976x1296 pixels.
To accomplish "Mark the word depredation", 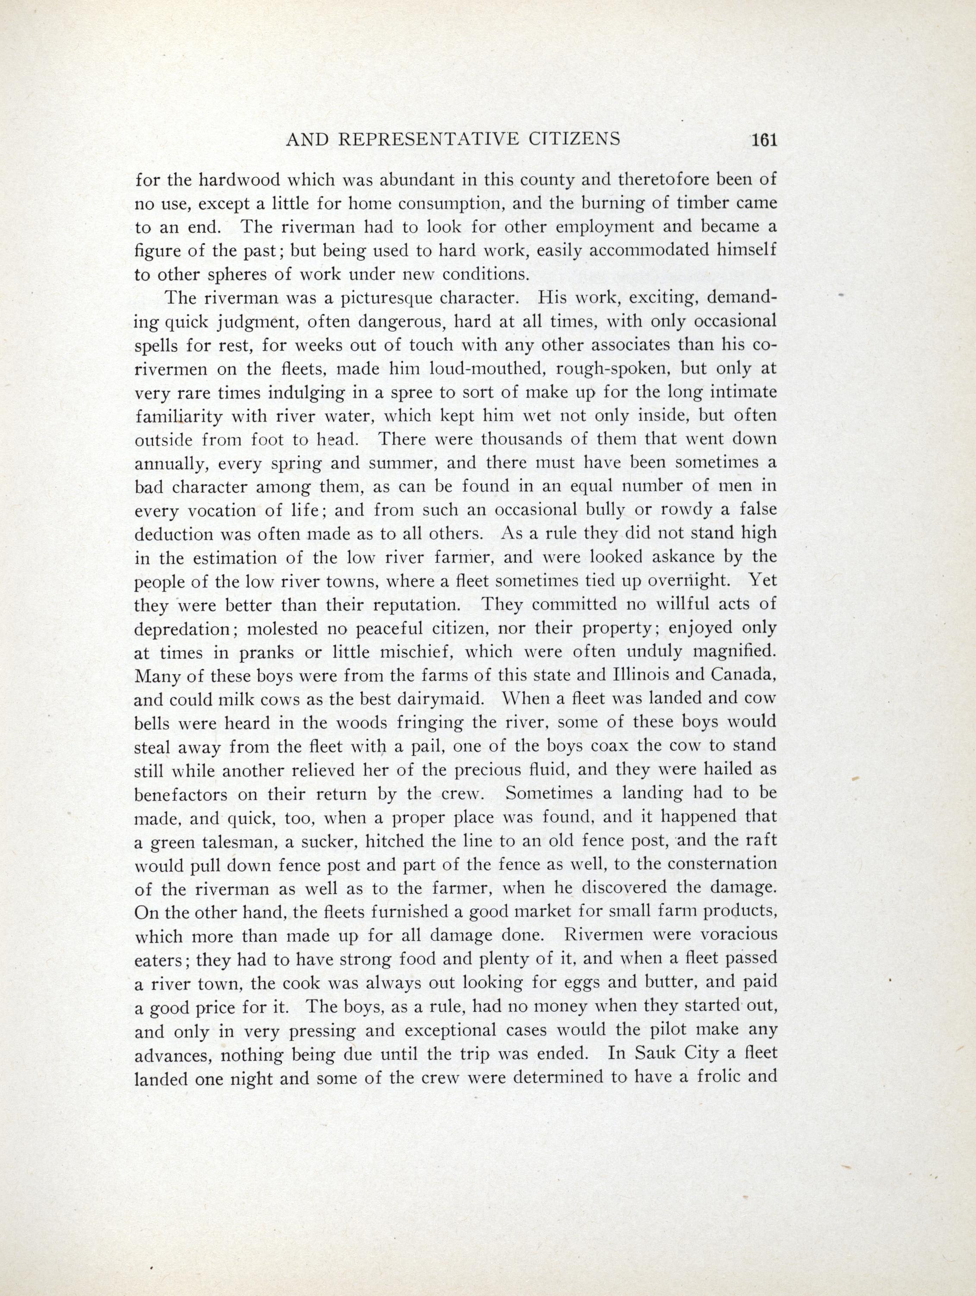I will (181, 629).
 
